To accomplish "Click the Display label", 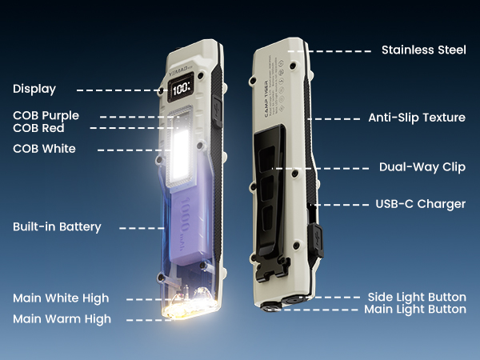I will [34, 89].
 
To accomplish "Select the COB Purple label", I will [46, 116].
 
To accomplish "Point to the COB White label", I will [45, 149].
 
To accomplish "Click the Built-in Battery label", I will [57, 227].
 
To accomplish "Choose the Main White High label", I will [61, 298].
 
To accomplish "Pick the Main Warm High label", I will [62, 319].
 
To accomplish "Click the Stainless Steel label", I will [423, 50].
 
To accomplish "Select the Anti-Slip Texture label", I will [416, 118].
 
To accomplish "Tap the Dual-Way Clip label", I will [422, 168].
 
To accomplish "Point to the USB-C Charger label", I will [420, 204].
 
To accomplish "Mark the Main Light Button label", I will [414, 309].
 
